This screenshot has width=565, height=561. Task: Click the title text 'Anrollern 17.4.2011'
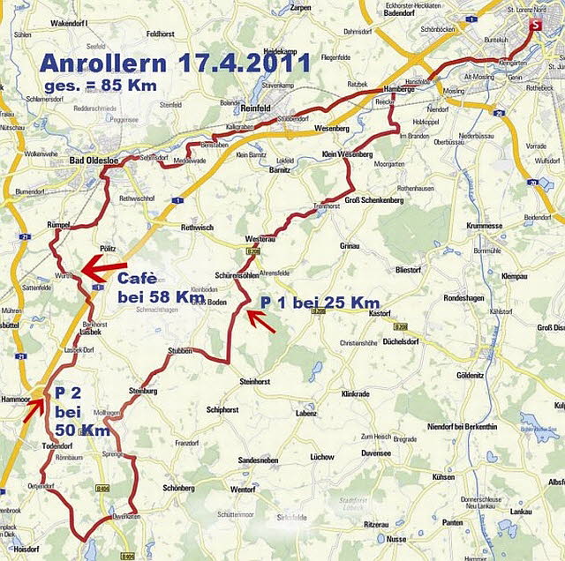[x=176, y=64]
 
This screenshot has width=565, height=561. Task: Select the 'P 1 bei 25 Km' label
[x=320, y=303]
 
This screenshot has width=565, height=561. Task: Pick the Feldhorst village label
[x=162, y=34]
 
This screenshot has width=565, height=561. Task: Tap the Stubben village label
[x=179, y=350]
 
